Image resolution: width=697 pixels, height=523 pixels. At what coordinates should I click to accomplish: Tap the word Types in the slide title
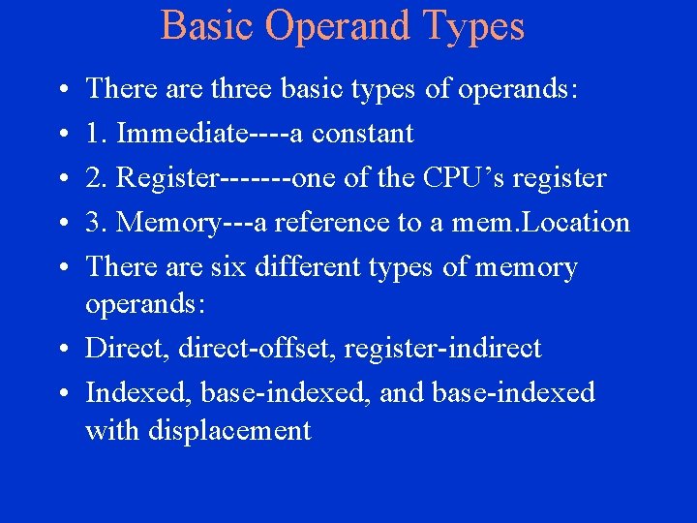[x=475, y=26]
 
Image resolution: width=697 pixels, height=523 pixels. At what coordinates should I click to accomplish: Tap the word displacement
[x=230, y=430]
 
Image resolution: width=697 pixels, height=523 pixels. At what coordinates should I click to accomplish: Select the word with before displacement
[x=112, y=430]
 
